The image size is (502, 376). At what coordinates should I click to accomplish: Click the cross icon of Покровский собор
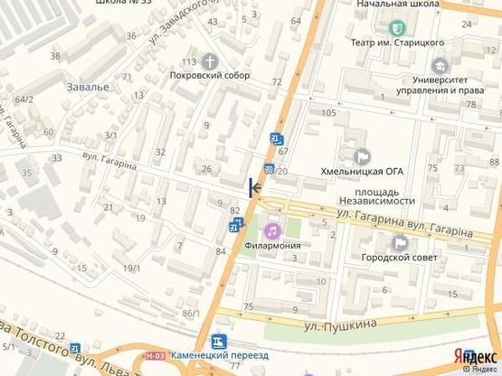coord(210,62)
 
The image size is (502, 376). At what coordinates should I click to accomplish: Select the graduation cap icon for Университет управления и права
coord(440,65)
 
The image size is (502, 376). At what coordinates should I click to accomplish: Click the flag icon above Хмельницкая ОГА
coord(361,155)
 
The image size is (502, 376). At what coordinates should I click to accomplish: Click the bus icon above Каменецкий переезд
coord(217,342)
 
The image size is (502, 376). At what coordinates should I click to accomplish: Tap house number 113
coord(188,61)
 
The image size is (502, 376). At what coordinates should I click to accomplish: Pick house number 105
coord(327,111)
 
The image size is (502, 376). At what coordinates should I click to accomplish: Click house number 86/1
coord(190,313)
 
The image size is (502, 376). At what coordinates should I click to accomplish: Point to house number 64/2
coord(24,99)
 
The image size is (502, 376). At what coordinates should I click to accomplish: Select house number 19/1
coord(132,268)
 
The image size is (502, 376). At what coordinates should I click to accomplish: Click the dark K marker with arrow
coord(254,186)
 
